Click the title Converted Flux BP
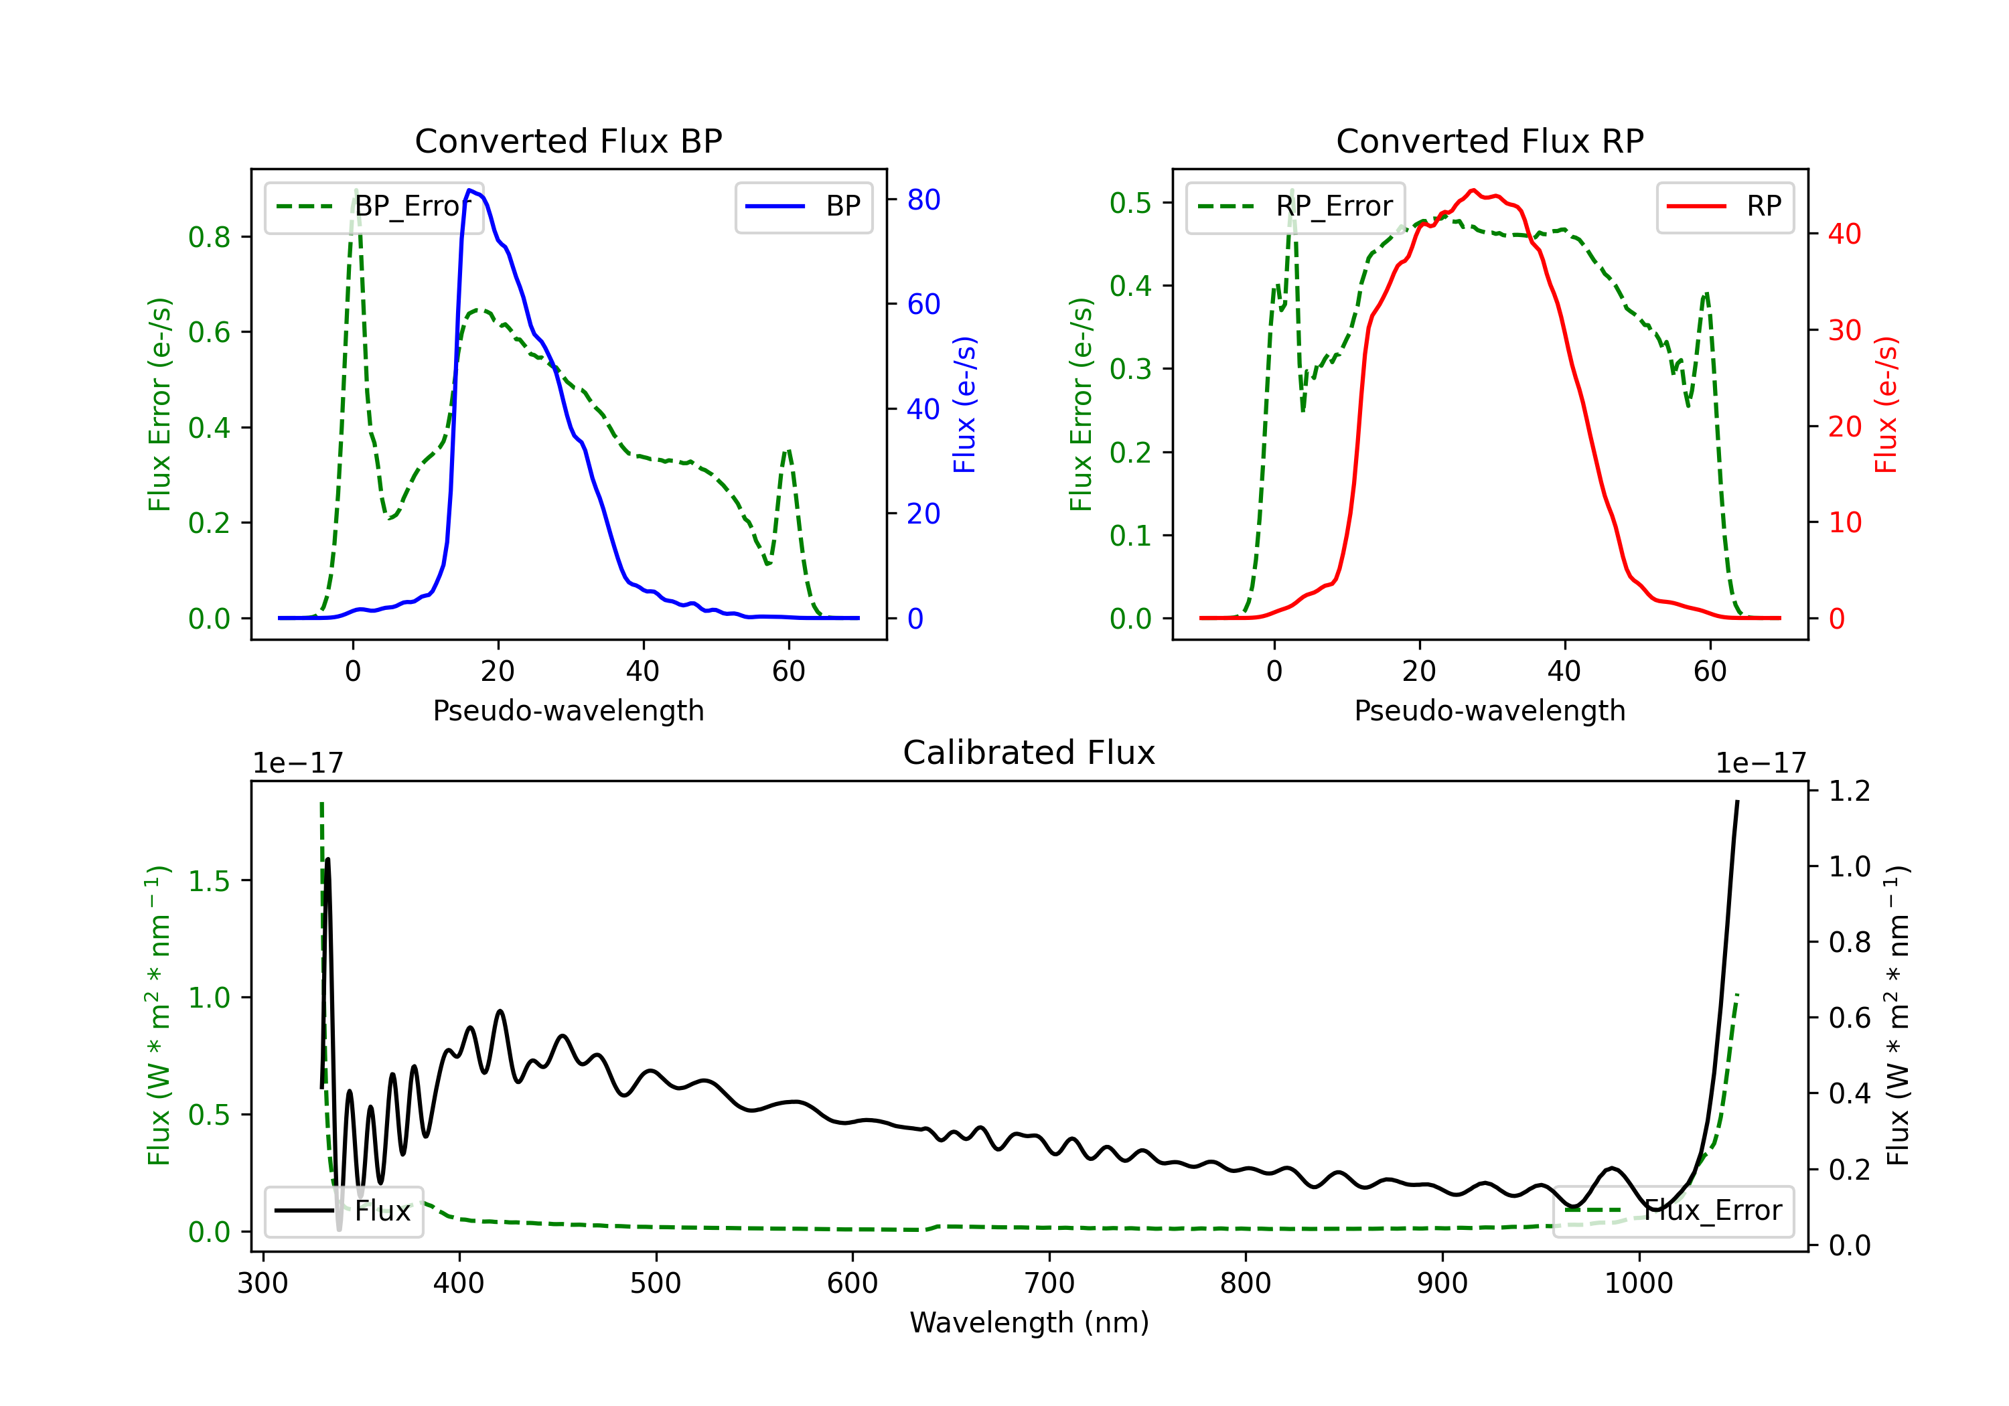pos(568,141)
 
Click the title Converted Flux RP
pos(1489,141)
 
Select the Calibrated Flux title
pos(1029,753)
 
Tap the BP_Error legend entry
pos(374,206)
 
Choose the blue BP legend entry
pos(803,206)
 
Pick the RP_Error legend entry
pos(1295,206)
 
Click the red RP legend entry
pos(1724,206)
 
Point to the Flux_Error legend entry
pos(1673,1211)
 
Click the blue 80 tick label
pos(923,200)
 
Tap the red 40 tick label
pos(1844,234)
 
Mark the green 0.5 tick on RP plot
pos(1130,203)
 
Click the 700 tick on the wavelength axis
pos(1049,1283)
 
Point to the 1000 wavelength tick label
pos(1639,1283)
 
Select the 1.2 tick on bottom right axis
pos(1849,791)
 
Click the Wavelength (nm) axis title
pos(1029,1322)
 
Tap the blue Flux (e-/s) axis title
pos(964,404)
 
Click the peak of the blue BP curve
pos(470,190)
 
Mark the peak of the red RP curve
pos(1473,190)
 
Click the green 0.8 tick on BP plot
pos(208,236)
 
